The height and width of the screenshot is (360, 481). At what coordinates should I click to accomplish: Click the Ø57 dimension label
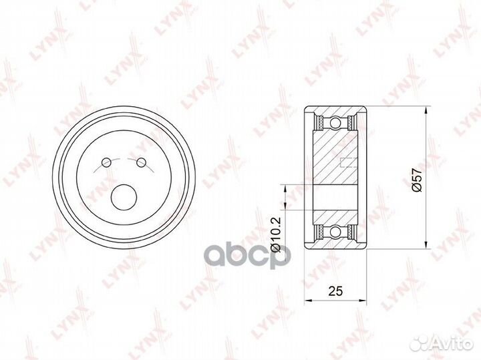417,180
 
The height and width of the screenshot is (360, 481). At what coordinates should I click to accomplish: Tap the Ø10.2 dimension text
275,234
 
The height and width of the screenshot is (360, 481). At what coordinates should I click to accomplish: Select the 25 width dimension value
335,291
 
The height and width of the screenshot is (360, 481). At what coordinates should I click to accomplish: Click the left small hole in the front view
106,162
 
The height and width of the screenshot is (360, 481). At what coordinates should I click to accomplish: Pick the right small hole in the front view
141,162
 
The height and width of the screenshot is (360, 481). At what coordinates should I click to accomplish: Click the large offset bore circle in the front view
124,198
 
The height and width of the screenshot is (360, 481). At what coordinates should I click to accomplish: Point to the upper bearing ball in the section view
335,123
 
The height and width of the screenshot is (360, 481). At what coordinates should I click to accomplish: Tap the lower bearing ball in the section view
335,232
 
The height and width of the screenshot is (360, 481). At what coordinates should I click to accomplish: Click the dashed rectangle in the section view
349,162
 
